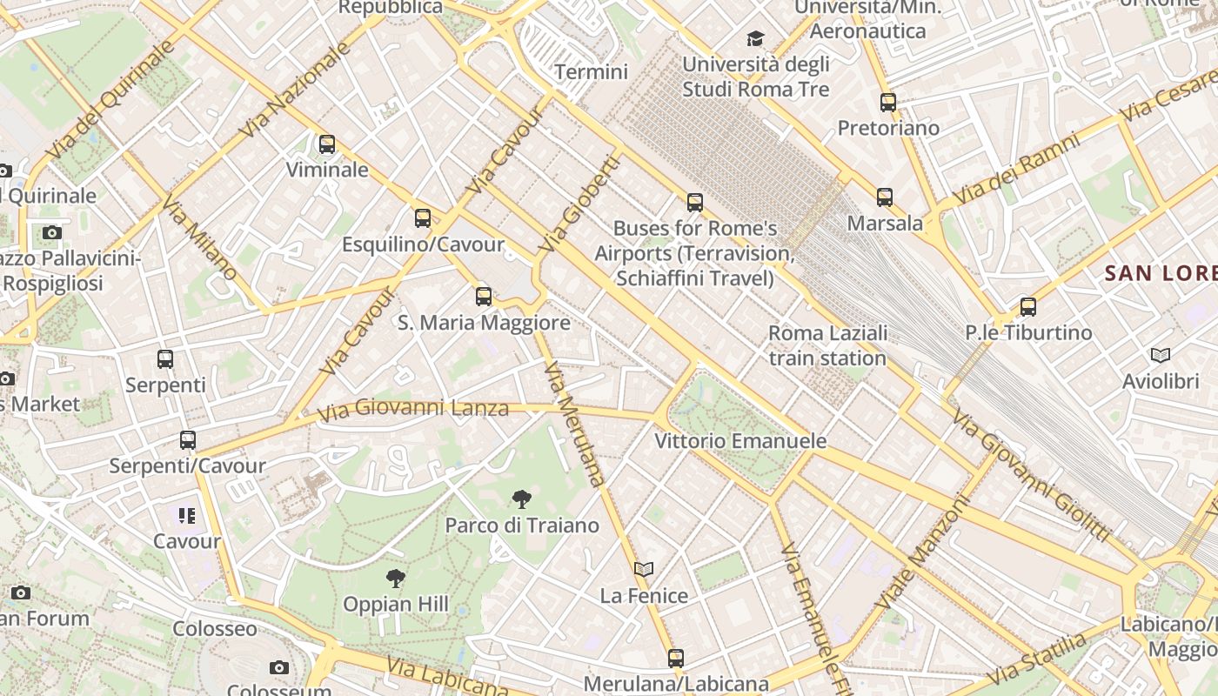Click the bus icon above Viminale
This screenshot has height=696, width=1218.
pyautogui.click(x=327, y=144)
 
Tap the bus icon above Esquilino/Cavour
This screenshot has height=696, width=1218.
pyautogui.click(x=423, y=218)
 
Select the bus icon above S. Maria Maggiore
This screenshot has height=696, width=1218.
pyautogui.click(x=484, y=297)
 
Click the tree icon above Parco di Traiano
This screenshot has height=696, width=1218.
pyautogui.click(x=522, y=499)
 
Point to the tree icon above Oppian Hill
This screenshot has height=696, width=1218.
pyautogui.click(x=396, y=578)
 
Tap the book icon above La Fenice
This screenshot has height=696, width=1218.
pyautogui.click(x=644, y=570)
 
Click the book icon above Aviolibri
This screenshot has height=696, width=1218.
pyautogui.click(x=1161, y=355)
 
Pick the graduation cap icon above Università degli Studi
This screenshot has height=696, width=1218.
pyautogui.click(x=755, y=39)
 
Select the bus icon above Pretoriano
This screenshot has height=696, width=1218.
pyautogui.click(x=887, y=103)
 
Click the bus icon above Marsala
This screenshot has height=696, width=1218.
pyautogui.click(x=885, y=197)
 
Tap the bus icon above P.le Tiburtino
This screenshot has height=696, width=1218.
pyautogui.click(x=1028, y=307)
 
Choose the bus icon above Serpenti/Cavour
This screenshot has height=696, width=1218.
pyautogui.click(x=187, y=440)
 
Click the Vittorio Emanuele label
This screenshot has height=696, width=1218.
pyautogui.click(x=740, y=441)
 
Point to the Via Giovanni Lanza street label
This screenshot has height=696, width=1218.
pyautogui.click(x=413, y=408)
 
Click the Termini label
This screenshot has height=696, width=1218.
pyautogui.click(x=591, y=71)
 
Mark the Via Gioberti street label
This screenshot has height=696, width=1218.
pyautogui.click(x=580, y=204)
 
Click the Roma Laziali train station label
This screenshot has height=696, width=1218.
pyautogui.click(x=827, y=345)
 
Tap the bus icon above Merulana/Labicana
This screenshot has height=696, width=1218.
pyautogui.click(x=676, y=659)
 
